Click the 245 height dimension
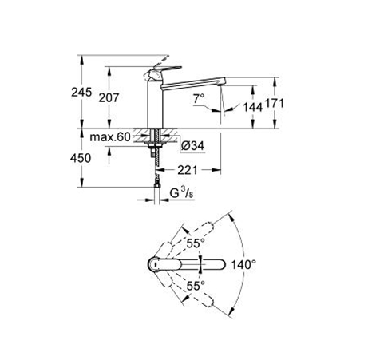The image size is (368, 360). (x=81, y=93)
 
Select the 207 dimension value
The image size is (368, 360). (x=109, y=98)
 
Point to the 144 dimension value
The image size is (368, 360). (x=253, y=107)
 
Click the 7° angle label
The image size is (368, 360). (x=199, y=99)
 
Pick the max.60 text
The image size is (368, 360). (x=110, y=137)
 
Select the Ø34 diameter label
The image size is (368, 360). (x=192, y=145)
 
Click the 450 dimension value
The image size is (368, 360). (x=81, y=158)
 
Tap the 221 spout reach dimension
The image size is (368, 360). (x=188, y=170)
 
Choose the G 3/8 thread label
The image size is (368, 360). (x=182, y=193)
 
